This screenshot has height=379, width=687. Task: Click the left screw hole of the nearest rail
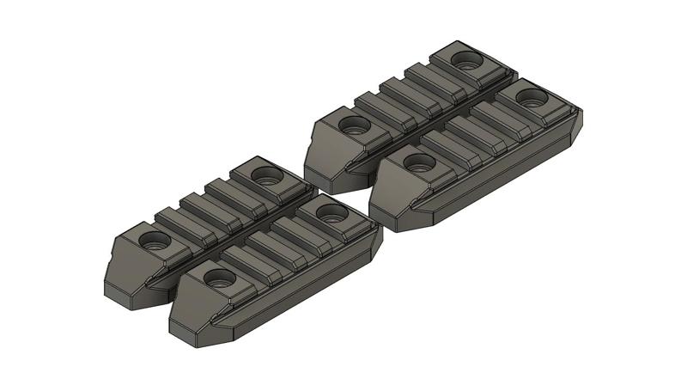(x=219, y=278)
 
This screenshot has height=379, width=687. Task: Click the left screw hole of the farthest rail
(x=352, y=125)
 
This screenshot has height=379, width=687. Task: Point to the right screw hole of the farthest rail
(x=467, y=61)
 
